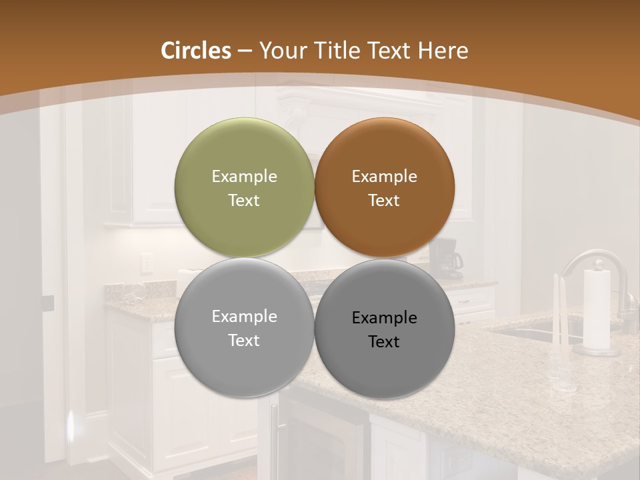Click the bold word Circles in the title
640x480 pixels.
[x=196, y=51]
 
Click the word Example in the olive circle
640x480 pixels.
[x=244, y=177]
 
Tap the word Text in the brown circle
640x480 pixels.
[x=384, y=201]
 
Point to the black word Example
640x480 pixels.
[x=384, y=318]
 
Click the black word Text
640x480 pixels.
[x=384, y=342]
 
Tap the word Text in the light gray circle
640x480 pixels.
[x=244, y=341]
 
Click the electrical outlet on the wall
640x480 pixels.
[x=146, y=265]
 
